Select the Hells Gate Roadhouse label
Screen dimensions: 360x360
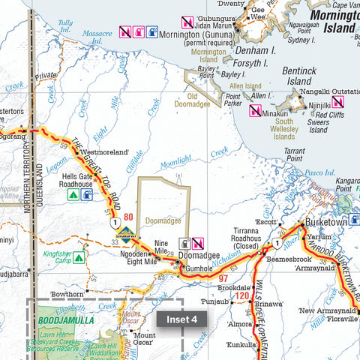[76, 178]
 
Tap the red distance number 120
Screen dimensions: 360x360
[241, 295]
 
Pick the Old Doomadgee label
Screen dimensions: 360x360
[203, 100]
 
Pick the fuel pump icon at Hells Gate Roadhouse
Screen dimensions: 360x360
[87, 195]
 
